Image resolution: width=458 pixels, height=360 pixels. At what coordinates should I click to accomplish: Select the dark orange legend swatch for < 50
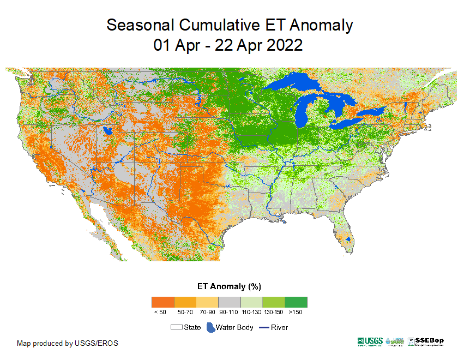[x=162, y=302]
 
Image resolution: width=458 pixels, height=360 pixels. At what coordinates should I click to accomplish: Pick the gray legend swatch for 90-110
[x=229, y=302]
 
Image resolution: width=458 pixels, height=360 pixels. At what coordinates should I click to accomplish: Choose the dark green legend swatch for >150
[x=296, y=302]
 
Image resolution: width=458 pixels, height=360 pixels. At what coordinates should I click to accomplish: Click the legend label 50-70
[x=185, y=313]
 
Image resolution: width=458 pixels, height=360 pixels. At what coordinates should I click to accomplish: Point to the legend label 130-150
[x=274, y=313]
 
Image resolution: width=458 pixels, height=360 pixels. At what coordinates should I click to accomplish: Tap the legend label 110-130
[x=251, y=313]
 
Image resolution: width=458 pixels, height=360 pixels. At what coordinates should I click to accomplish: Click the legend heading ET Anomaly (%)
[x=228, y=286]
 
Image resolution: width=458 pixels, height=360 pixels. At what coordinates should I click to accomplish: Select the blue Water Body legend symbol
[x=210, y=327]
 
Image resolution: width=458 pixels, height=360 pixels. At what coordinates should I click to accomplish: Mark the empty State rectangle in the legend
[x=176, y=327]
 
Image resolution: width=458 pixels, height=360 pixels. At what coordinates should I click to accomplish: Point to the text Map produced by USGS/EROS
[x=67, y=343]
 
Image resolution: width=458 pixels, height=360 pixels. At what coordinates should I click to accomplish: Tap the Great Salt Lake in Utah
[x=108, y=131]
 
